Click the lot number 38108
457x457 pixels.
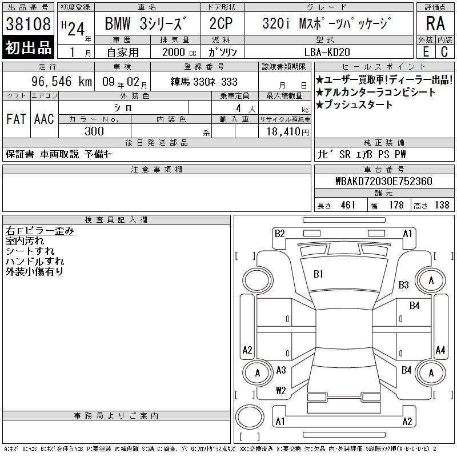[x=28, y=23]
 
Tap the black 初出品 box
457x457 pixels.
[x=28, y=47]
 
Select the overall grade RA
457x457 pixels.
[x=435, y=23]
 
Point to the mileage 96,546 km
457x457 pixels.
[x=62, y=81]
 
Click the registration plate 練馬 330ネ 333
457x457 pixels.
[x=204, y=82]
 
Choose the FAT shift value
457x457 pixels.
[x=17, y=119]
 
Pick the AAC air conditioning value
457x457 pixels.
[x=44, y=119]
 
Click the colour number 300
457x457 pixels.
[x=94, y=131]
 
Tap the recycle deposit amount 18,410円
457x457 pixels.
[x=288, y=132]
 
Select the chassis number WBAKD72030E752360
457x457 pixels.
[x=384, y=181]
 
